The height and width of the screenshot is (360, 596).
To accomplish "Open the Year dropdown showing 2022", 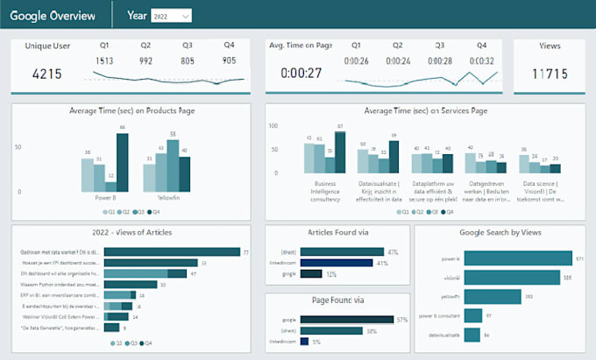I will (172, 16).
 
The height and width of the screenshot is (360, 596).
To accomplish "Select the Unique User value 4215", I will (46, 74).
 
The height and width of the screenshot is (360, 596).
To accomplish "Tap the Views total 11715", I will (549, 74).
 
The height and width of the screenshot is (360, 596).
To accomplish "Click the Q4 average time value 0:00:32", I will (481, 60).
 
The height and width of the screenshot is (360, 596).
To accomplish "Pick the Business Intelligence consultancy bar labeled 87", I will (340, 153).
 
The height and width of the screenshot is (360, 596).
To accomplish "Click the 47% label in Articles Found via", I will (393, 251).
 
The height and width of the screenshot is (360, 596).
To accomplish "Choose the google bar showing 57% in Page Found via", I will (348, 320).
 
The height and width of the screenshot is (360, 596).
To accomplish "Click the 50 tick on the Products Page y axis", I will (18, 147).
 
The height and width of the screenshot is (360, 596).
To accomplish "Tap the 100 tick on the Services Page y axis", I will (274, 126).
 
